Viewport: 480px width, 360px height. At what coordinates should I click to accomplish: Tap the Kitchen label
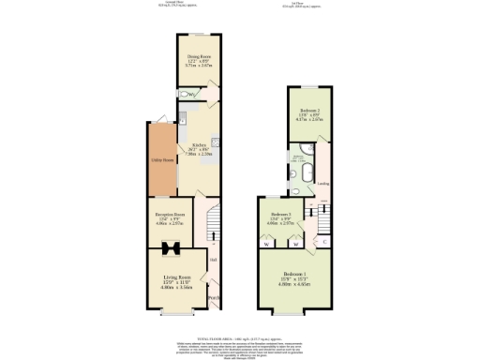(199, 146)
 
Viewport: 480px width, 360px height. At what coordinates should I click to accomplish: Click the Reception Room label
(165, 215)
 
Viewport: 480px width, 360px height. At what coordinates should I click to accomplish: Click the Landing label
(322, 184)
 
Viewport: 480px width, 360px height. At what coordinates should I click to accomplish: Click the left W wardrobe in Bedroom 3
(268, 244)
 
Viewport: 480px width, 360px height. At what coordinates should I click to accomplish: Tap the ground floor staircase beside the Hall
(212, 221)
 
